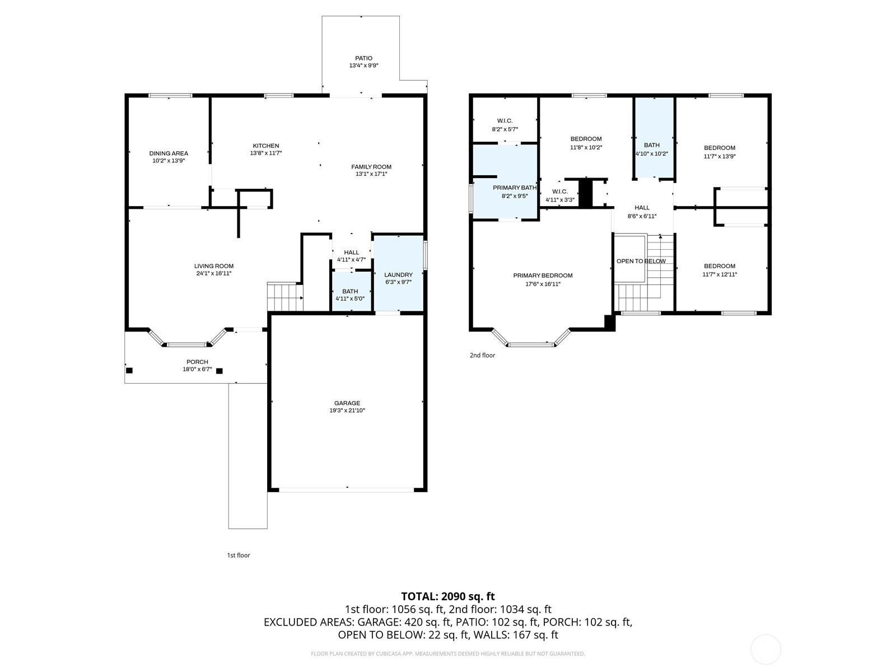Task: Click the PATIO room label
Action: tap(363, 58)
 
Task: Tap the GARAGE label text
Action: tap(347, 403)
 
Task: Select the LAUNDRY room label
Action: tap(398, 275)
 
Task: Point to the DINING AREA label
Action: tap(169, 153)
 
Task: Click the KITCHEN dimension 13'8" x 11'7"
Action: tap(266, 153)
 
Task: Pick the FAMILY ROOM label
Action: tap(371, 167)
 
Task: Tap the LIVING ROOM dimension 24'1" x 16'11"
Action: tap(213, 273)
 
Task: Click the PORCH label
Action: tap(197, 362)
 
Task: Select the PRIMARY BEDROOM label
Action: tap(543, 276)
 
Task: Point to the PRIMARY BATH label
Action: tap(514, 188)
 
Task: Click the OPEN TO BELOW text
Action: tap(641, 261)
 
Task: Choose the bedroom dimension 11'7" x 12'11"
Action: tap(719, 274)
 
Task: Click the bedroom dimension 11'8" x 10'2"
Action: tap(586, 147)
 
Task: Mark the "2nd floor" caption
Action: tap(482, 356)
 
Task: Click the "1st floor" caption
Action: tap(239, 556)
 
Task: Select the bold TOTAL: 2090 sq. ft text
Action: tap(448, 596)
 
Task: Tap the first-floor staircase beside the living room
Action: tap(285, 297)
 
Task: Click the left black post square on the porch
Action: tap(129, 371)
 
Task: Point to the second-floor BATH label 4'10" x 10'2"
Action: tap(651, 150)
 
